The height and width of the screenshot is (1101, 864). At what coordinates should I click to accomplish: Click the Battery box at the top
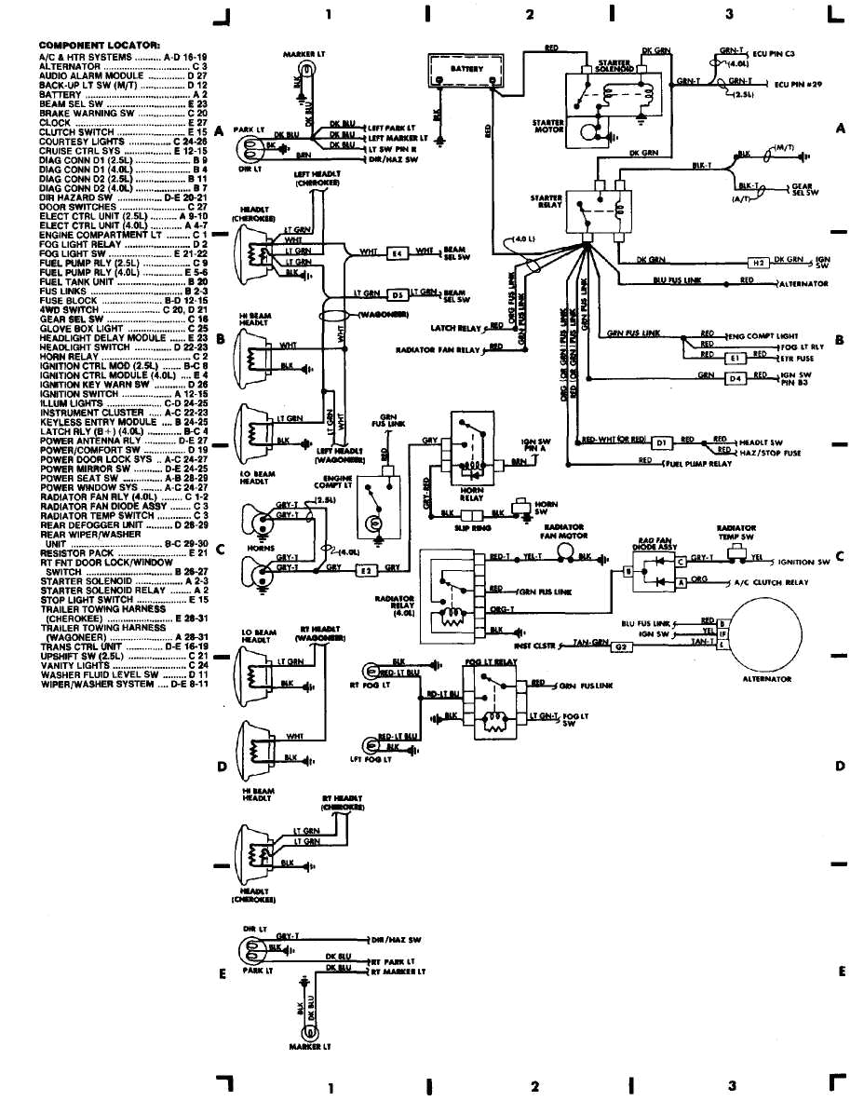click(466, 70)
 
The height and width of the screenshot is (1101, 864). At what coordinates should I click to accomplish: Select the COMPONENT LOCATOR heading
click(99, 45)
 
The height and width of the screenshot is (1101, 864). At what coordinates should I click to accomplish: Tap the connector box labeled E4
click(396, 251)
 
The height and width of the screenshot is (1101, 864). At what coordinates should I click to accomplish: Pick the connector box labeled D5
click(396, 294)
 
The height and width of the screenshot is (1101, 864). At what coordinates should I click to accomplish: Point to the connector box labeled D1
click(660, 442)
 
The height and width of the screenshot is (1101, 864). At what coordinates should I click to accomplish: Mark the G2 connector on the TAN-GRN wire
click(620, 646)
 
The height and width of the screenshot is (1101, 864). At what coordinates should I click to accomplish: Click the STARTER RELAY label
click(546, 201)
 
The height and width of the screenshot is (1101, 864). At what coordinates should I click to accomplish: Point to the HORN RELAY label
click(472, 496)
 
